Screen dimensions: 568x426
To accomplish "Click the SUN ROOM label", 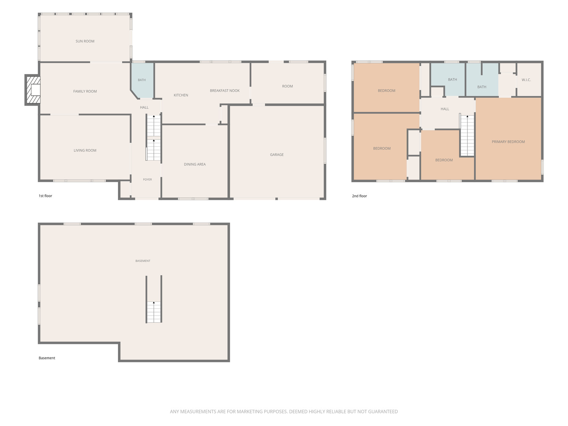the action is coord(85,41).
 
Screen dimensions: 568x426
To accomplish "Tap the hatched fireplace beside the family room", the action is coord(33,90).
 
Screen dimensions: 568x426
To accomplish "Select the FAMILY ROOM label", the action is coord(85,91).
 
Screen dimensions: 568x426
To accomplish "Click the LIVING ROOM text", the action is coord(85,150).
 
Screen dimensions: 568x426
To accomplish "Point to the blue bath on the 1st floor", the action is coord(142,80).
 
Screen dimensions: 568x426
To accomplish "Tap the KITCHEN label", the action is coord(181,95).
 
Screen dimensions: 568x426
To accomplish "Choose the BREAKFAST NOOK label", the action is coord(224,91).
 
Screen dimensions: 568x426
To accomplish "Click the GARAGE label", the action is coord(277,155).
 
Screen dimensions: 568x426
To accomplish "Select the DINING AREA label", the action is coord(194,164).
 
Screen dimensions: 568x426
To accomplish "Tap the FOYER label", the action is coord(148,179).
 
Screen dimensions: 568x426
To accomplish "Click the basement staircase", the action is coord(154,312).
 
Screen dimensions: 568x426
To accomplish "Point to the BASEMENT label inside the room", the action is coord(143,261).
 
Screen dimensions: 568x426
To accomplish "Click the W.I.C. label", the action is coord(526,80).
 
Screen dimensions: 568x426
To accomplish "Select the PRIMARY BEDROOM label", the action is coord(508,142).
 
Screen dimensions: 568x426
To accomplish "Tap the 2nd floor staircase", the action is coord(467,136).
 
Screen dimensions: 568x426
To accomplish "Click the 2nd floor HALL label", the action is coord(445,109).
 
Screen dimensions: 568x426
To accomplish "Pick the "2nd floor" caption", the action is coord(359,196).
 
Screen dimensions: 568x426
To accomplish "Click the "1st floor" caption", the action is coord(45,196).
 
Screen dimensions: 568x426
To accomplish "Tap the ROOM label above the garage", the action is coord(287,86).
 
